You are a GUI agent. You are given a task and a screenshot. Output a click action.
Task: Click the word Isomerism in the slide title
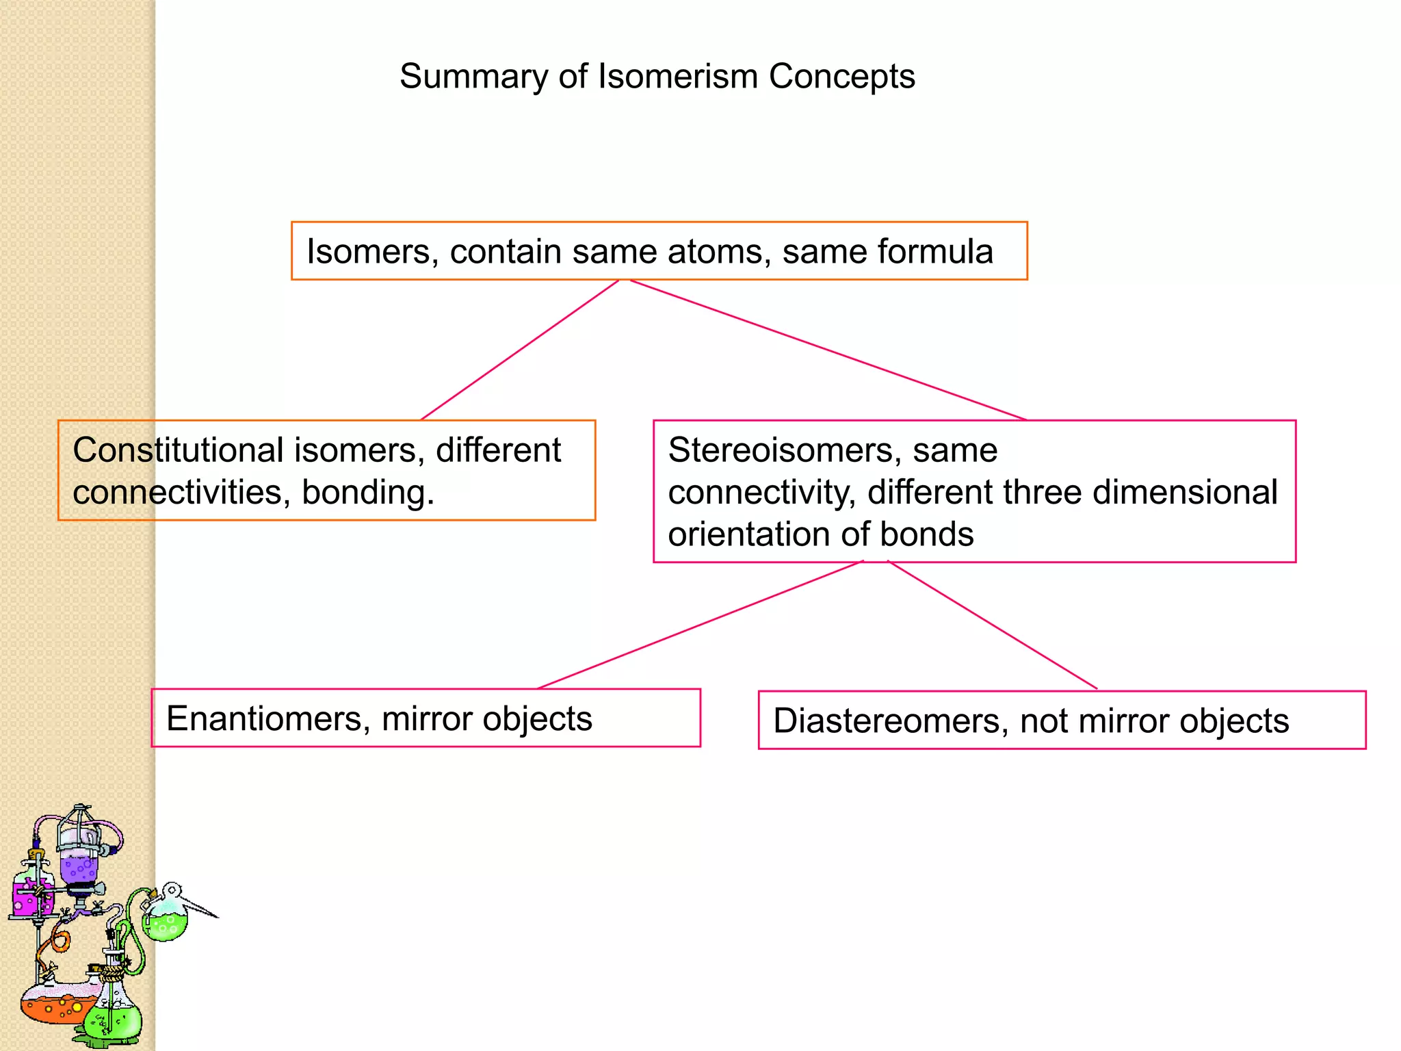677,76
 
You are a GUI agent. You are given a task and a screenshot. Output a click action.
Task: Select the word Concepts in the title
841,76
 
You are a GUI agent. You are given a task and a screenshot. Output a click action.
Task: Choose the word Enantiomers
267,718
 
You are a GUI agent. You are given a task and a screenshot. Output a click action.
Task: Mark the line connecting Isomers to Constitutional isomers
520,350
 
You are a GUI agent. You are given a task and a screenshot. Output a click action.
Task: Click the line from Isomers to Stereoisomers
828,350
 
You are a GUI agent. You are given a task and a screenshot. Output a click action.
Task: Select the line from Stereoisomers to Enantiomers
701,625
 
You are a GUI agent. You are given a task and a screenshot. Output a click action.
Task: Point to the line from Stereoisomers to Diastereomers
992,625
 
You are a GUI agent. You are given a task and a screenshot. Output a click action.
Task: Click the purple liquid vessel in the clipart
79,866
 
